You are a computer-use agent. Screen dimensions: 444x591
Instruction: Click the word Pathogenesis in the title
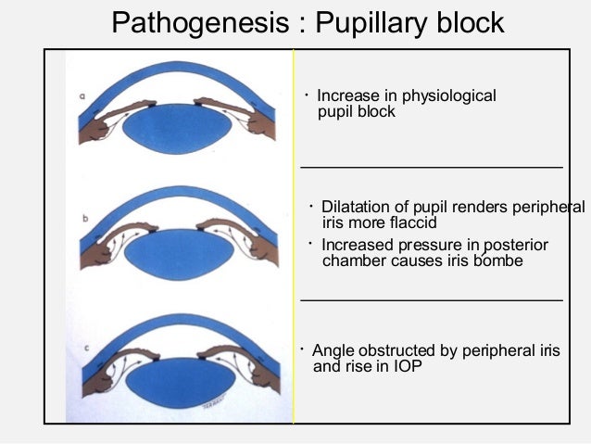click(197, 21)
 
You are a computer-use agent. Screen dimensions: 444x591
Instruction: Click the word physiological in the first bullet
click(452, 95)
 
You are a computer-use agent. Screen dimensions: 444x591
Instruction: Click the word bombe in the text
click(500, 260)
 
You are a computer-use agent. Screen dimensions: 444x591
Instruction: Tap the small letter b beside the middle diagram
click(85, 219)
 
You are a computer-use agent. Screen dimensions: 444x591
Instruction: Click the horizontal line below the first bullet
click(432, 167)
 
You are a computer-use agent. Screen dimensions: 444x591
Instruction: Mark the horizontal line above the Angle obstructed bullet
click(432, 300)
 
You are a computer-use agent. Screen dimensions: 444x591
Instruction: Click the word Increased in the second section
click(357, 245)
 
